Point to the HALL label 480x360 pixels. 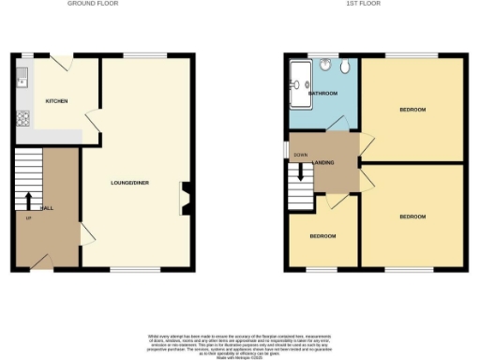[44, 207]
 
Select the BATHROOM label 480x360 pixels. [324, 94]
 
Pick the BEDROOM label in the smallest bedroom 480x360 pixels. [322, 235]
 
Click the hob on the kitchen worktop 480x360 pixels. [21, 118]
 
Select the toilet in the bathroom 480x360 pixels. [344, 67]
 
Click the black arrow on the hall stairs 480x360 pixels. [28, 201]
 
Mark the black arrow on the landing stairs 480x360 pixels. [300, 172]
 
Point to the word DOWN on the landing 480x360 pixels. [300, 155]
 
